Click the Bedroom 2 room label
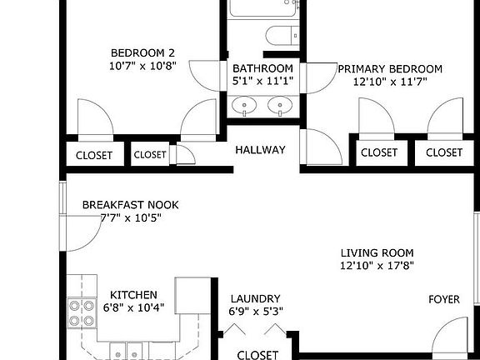(142, 48)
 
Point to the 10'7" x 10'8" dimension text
(142, 64)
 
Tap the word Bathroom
(262, 68)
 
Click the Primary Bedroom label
(389, 69)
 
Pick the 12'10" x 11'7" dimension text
(389, 82)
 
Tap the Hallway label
(260, 151)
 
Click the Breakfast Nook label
(130, 205)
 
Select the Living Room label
(377, 253)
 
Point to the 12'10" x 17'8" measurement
(377, 267)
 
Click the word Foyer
(444, 299)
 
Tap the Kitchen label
(134, 295)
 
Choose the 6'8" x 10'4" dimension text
(134, 307)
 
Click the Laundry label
(255, 298)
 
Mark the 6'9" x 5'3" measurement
(255, 312)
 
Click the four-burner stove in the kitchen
(81, 312)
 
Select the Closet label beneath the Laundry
(257, 355)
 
